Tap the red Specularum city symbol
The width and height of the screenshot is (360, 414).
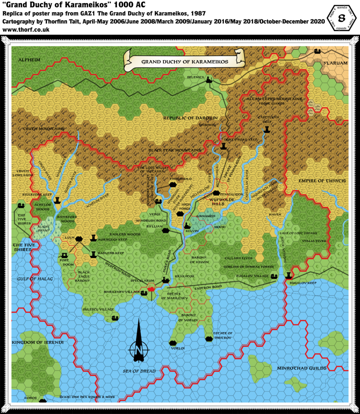151,289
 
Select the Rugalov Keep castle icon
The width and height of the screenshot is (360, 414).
288,275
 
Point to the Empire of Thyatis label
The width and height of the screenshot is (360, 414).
322,181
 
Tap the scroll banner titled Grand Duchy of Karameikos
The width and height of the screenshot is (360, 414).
185,61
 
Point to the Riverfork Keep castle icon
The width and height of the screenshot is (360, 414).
57,199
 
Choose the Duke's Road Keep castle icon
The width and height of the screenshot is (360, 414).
223,146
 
